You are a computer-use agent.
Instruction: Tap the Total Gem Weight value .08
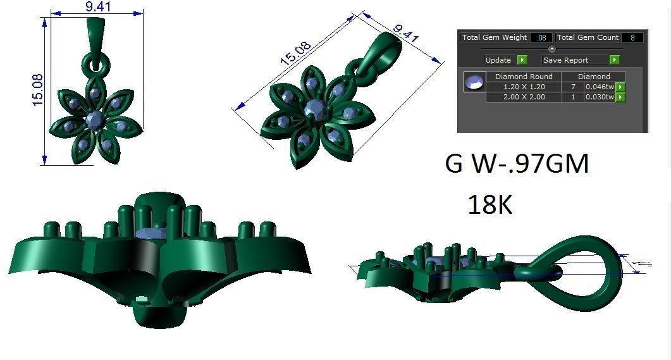point(541,38)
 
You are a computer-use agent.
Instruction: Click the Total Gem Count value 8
point(632,38)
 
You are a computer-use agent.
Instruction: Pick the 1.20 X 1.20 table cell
point(523,87)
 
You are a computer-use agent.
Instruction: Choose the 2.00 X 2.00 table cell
point(523,97)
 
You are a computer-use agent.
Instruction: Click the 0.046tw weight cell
point(599,87)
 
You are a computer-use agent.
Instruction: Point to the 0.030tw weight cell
point(599,97)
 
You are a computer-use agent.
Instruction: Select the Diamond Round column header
point(523,77)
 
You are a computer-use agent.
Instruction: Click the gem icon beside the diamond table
point(474,82)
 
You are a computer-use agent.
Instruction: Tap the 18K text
point(489,205)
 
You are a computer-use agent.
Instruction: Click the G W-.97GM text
point(517,164)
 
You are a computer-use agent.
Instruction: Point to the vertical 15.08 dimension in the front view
point(36,89)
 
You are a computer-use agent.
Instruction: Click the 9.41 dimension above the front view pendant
point(97,8)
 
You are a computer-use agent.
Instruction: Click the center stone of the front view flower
point(95,118)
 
